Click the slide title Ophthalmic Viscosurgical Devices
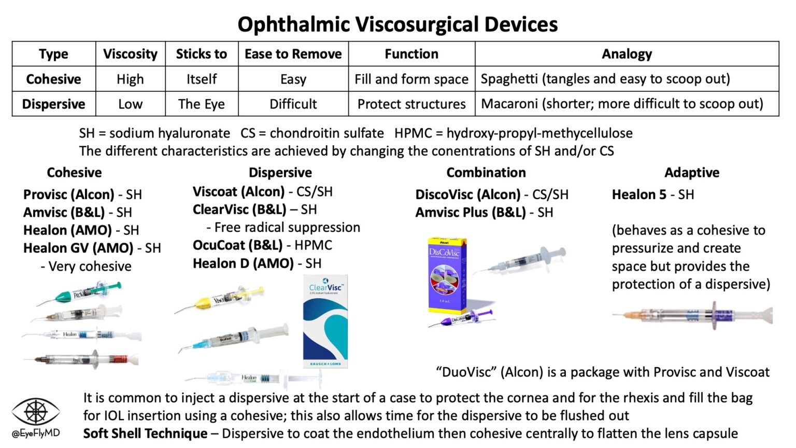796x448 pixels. pos(397,24)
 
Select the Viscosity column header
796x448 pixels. pos(130,54)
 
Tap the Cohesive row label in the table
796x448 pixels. pos(53,79)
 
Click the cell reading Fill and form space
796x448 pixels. pos(411,79)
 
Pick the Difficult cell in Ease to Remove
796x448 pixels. pos(293,104)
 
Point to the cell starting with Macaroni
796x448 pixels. pos(622,104)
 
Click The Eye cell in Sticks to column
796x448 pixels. pos(201,104)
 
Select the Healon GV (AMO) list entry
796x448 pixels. pos(78,248)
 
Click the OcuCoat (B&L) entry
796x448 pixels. pos(237,245)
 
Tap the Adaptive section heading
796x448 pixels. pos(691,172)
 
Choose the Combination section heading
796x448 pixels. pos(486,172)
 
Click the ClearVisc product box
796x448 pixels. pos(325,321)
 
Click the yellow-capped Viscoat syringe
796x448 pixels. pos(220,300)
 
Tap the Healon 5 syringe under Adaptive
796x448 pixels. pos(692,315)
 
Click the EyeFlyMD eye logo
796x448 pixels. pos(36,412)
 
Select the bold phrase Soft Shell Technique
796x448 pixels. pos(145,433)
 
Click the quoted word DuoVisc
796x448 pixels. pos(465,372)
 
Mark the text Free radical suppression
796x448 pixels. pos(287,227)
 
